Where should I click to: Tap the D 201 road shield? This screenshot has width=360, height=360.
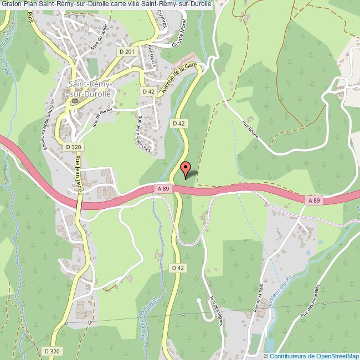[127, 52]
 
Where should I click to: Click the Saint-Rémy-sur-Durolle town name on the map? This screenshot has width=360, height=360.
[90, 89]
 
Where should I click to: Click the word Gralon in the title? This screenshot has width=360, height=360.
[12, 4]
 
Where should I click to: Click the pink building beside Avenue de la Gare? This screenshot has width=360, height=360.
[186, 57]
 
